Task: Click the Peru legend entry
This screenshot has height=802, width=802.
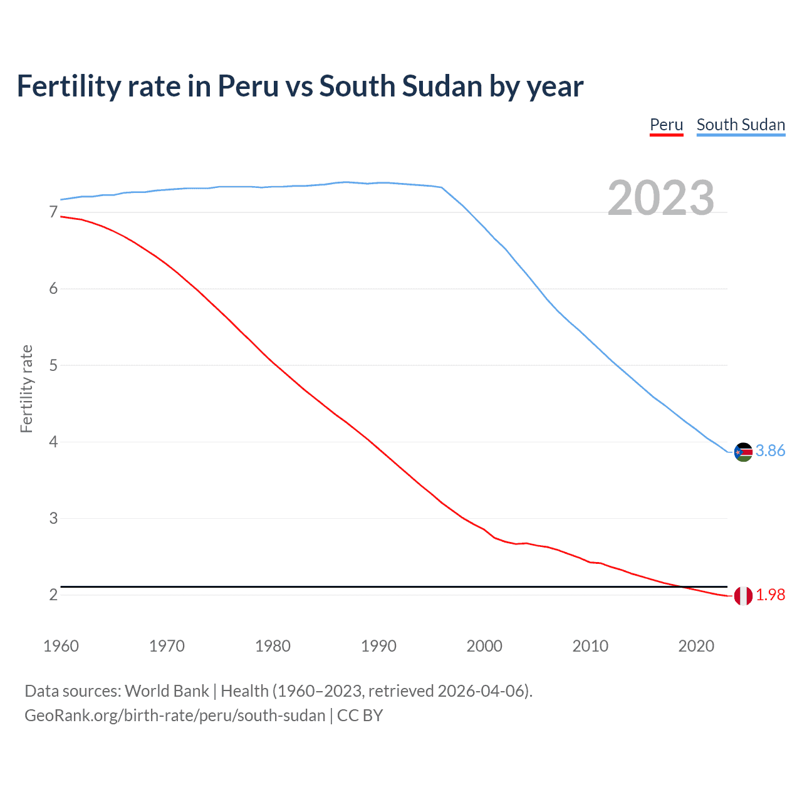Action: pyautogui.click(x=666, y=125)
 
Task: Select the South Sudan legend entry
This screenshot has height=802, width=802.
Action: pyautogui.click(x=741, y=125)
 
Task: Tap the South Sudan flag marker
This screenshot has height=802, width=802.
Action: pyautogui.click(x=743, y=452)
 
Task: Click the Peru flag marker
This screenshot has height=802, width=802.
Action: pyautogui.click(x=743, y=596)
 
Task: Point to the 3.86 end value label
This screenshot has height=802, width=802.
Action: pyautogui.click(x=770, y=451)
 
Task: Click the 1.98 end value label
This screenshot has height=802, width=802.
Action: pyautogui.click(x=770, y=595)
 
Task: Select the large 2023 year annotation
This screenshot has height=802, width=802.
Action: pyautogui.click(x=660, y=198)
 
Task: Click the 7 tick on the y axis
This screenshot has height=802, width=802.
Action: pyautogui.click(x=53, y=212)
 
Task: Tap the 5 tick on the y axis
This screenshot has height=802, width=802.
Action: pyautogui.click(x=53, y=365)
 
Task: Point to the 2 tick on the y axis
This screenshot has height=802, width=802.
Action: pyautogui.click(x=53, y=595)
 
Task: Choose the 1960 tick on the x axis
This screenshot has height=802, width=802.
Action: pyautogui.click(x=61, y=646)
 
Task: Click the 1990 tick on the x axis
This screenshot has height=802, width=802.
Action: pyautogui.click(x=378, y=646)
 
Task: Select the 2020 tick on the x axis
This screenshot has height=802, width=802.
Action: pyautogui.click(x=696, y=646)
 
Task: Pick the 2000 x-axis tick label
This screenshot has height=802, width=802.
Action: pyautogui.click(x=484, y=646)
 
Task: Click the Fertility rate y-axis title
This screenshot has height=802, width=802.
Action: pyautogui.click(x=26, y=388)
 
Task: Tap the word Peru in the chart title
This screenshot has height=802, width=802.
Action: pyautogui.click(x=247, y=86)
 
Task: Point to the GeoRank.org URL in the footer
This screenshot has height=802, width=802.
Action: pyautogui.click(x=175, y=716)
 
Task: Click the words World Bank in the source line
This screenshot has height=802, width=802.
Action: pyautogui.click(x=167, y=691)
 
